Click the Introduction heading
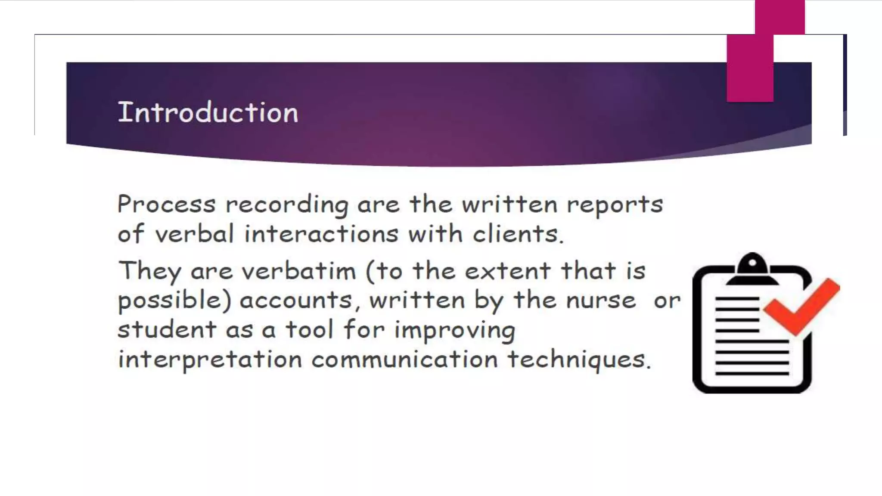tap(208, 112)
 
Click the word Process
tap(166, 204)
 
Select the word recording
tap(287, 205)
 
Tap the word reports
tap(615, 205)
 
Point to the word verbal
tap(194, 234)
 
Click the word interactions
tap(321, 234)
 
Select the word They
tap(150, 272)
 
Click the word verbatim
tap(298, 271)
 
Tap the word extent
tap(507, 271)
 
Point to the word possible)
tap(174, 301)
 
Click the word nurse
tap(601, 300)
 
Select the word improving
tap(455, 331)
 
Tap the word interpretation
tap(210, 360)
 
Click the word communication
tap(404, 359)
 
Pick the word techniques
tap(578, 360)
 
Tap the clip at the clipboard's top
tap(752, 269)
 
